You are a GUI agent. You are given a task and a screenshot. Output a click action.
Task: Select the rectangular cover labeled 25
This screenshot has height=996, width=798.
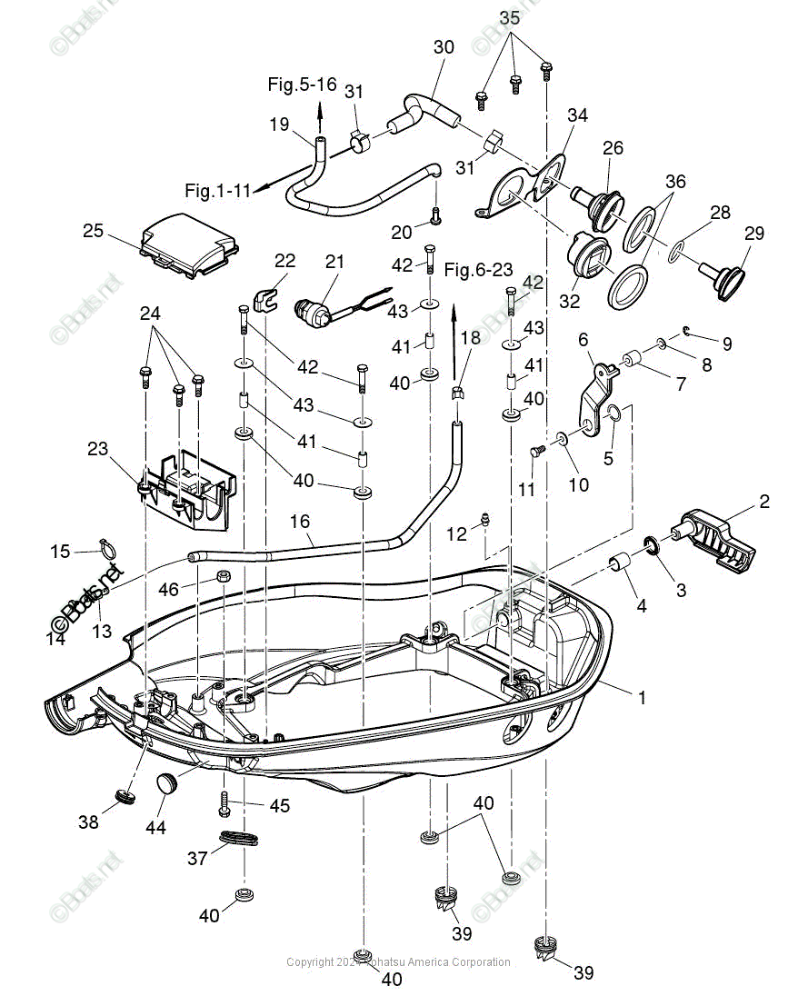(189, 243)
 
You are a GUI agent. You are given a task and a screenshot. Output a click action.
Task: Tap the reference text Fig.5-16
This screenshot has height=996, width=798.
(302, 85)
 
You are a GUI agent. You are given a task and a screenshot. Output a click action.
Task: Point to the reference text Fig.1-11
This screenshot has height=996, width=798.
(217, 191)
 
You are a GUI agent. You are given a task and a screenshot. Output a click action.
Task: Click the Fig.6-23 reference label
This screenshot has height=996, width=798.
(479, 269)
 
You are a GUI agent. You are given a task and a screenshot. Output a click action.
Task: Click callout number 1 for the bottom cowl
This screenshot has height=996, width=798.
(642, 698)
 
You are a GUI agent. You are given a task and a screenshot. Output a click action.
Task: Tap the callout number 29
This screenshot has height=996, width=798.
(754, 233)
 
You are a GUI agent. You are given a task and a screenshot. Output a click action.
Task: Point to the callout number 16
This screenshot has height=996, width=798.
(300, 522)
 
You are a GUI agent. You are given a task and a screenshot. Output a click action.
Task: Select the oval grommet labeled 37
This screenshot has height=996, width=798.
(240, 837)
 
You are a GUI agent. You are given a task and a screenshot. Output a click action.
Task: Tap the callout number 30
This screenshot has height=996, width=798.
(444, 46)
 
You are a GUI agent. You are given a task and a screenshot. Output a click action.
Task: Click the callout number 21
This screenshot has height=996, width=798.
(335, 263)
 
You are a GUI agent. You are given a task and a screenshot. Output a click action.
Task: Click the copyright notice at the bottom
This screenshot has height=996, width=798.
(398, 962)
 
